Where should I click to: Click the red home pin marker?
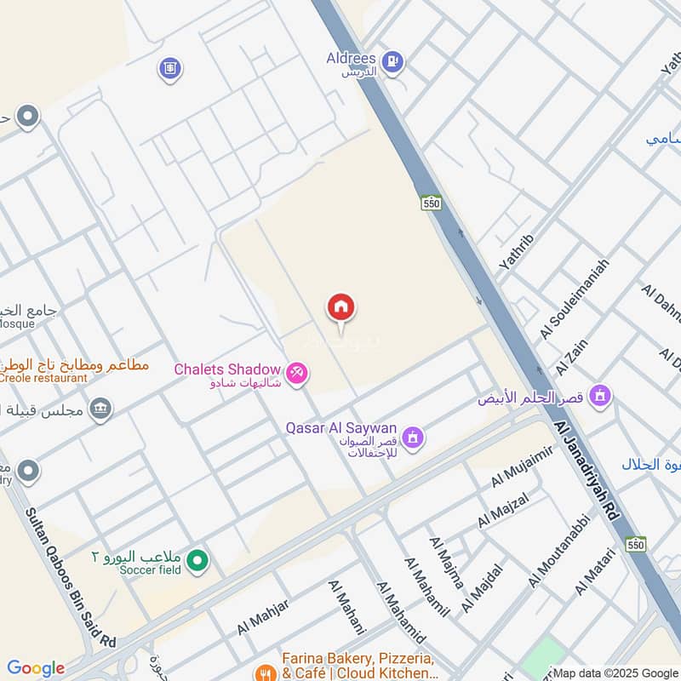pyautogui.click(x=341, y=307)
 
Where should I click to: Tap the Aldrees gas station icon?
pyautogui.click(x=392, y=60)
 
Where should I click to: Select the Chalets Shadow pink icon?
pyautogui.click(x=296, y=373)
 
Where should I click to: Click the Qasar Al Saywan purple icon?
pyautogui.click(x=414, y=438)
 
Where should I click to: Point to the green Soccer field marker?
pyautogui.click(x=197, y=560)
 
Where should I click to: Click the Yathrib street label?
pyautogui.click(x=514, y=252)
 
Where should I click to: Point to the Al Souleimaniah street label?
pyautogui.click(x=574, y=299)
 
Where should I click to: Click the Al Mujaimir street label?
pyautogui.click(x=522, y=466)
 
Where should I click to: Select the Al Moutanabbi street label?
pyautogui.click(x=559, y=551)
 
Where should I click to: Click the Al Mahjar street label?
pyautogui.click(x=264, y=616)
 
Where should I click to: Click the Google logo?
pyautogui.click(x=35, y=668)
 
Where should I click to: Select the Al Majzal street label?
pyautogui.click(x=503, y=510)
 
